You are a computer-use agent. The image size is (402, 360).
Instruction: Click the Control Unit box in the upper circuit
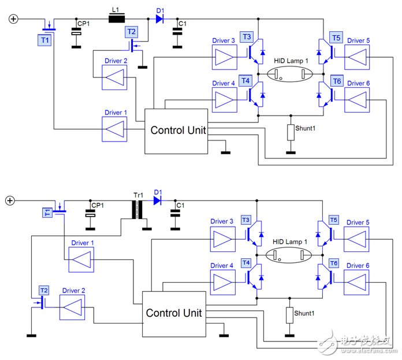click(176, 131)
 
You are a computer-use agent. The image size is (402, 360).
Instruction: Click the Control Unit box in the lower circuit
click(173, 313)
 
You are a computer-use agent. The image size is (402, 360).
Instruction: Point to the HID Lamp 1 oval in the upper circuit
click(291, 75)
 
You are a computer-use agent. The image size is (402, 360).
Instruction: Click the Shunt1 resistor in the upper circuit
click(291, 132)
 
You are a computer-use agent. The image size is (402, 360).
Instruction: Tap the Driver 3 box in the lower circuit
click(222, 239)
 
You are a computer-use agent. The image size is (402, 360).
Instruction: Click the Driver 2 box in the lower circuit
click(73, 306)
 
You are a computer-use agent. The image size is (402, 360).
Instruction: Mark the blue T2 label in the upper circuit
click(132, 32)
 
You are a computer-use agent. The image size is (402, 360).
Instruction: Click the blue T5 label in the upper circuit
click(336, 38)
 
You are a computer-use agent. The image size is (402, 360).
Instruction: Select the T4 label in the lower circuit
click(245, 263)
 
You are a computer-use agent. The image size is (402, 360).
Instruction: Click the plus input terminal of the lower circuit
click(9, 201)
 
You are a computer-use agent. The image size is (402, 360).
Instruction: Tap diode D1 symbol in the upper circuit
click(159, 19)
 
